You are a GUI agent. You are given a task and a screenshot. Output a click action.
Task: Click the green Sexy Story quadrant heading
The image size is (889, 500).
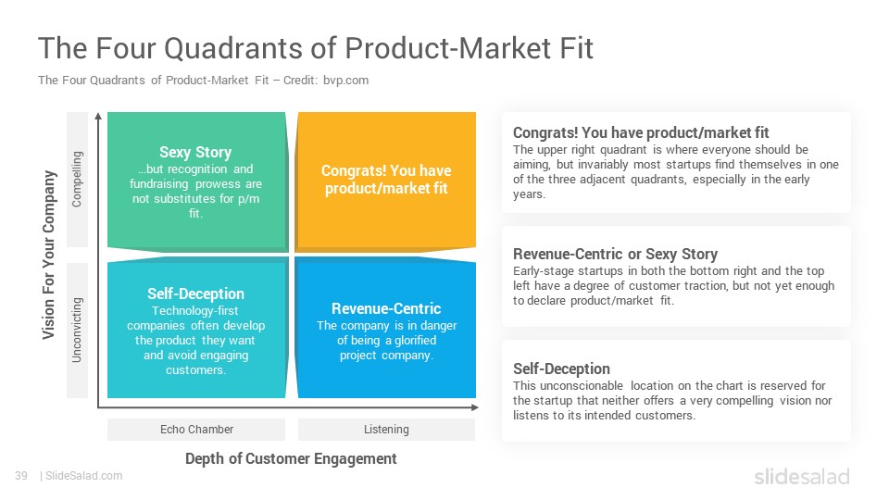tap(195, 152)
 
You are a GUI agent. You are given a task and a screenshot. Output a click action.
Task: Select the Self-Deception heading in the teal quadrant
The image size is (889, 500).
tap(195, 294)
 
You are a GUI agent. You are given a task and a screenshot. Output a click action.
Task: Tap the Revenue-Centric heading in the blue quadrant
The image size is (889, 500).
tap(386, 308)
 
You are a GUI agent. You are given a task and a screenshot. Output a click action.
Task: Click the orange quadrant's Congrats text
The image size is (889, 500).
tap(386, 179)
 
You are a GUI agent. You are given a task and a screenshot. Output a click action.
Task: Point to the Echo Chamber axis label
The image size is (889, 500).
tap(196, 429)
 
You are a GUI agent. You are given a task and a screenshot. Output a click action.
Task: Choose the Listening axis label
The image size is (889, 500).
tap(386, 429)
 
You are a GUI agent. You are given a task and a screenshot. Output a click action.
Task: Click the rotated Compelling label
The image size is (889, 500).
tap(77, 179)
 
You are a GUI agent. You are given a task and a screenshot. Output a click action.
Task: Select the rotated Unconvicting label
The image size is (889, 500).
tap(77, 330)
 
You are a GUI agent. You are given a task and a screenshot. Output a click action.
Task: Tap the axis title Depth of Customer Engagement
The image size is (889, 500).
tap(291, 458)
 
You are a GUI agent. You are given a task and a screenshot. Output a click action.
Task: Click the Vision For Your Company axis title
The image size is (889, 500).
tap(49, 256)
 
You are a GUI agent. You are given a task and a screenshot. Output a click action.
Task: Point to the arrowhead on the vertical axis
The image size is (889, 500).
tap(98, 117)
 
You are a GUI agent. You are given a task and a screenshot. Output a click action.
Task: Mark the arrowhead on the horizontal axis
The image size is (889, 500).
tap(475, 407)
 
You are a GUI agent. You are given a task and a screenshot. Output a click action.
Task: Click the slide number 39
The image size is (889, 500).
tap(21, 476)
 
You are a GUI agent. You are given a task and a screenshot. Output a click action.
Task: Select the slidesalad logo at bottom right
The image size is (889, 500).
tap(802, 477)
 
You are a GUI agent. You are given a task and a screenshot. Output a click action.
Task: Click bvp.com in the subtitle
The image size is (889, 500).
tap(345, 81)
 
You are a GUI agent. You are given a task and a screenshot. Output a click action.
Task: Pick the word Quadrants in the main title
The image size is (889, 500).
tap(233, 47)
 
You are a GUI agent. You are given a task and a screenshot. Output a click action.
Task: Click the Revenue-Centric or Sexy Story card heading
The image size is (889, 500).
tap(615, 254)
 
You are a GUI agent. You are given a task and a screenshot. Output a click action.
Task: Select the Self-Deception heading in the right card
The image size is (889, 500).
tap(561, 369)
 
